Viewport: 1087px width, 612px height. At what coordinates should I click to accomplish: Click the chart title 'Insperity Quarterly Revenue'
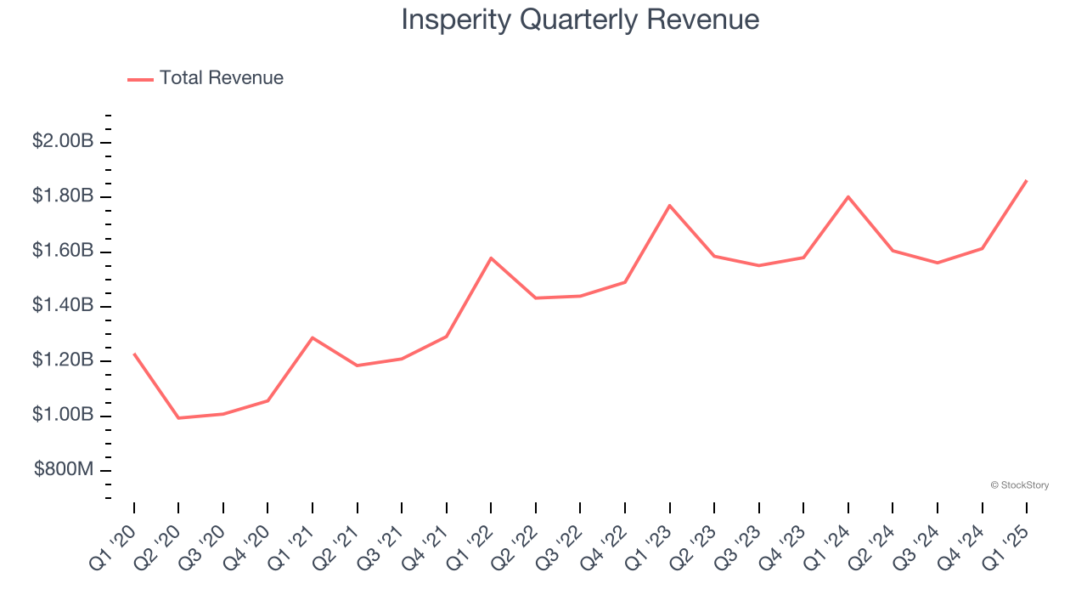point(580,20)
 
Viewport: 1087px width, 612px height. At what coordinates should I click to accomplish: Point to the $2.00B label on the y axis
point(63,141)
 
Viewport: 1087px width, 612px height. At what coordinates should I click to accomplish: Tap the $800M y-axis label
point(64,470)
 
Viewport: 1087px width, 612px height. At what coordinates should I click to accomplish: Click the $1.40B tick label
point(63,305)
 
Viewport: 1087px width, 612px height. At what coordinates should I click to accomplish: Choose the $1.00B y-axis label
point(63,415)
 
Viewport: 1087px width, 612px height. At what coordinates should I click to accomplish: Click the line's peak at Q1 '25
point(1027,180)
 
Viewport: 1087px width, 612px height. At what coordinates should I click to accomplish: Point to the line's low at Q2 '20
point(178,417)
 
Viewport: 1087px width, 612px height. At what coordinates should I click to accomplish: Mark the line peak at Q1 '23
point(670,205)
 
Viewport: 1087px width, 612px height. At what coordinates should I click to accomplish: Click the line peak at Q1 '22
point(491,258)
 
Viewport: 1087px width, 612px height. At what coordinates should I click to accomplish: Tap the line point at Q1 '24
point(848,196)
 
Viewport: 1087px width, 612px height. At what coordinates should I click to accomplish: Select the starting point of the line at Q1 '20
point(134,354)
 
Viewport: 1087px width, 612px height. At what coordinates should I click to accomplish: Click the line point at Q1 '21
point(313,337)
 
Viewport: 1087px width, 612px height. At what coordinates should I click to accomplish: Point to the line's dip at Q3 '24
point(938,263)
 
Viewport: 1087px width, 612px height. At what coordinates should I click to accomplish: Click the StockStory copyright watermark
point(1019,485)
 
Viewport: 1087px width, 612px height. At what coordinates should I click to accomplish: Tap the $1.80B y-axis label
point(63,195)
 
